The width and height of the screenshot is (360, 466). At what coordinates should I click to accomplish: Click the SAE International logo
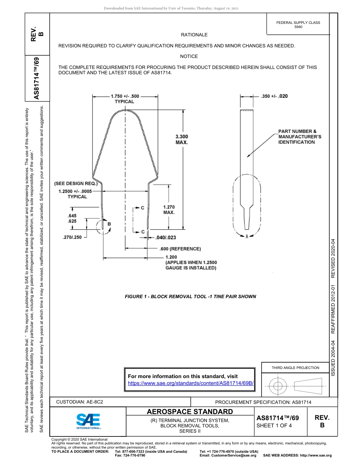[x=88, y=421]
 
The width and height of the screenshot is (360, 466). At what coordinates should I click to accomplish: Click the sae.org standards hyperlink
[x=191, y=383]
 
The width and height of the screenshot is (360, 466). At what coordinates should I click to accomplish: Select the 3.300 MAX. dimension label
[x=182, y=139]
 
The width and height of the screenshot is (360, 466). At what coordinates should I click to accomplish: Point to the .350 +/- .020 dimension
[x=274, y=96]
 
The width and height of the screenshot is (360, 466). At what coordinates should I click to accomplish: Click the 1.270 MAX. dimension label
[x=169, y=210]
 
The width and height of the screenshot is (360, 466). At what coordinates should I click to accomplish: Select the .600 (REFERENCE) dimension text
[x=180, y=249]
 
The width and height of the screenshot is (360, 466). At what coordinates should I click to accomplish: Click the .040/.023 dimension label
[x=166, y=238]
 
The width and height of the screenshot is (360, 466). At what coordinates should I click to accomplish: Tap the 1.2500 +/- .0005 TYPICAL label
[x=77, y=194]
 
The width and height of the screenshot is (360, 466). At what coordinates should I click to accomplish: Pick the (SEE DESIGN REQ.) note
[x=76, y=183]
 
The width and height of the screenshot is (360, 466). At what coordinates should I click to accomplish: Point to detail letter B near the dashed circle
[x=109, y=224]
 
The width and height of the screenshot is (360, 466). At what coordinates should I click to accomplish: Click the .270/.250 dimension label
[x=72, y=238]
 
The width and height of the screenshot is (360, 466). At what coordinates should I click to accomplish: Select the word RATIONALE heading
[x=194, y=35]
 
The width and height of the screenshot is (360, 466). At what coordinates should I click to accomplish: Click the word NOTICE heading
[x=189, y=56]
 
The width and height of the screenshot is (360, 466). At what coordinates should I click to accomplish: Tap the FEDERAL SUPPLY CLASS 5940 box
[x=298, y=25]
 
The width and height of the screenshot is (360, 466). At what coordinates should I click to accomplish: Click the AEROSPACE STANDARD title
[x=189, y=412]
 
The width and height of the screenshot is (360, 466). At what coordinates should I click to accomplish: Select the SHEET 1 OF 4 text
[x=274, y=425]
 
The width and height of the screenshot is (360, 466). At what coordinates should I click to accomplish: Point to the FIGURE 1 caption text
[x=190, y=296]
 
